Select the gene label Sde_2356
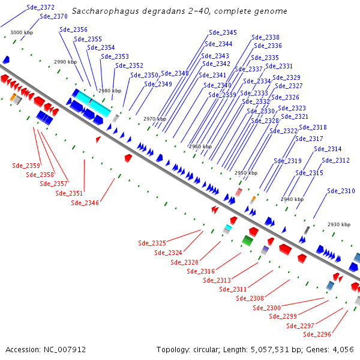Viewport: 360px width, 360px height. [x=73, y=29]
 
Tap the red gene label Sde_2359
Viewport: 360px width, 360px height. [x=26, y=166]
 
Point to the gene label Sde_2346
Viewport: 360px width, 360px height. [x=85, y=203]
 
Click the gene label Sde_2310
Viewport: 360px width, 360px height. [x=341, y=191]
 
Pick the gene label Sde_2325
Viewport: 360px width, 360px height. [x=152, y=243]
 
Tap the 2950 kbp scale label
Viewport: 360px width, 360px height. [x=246, y=173]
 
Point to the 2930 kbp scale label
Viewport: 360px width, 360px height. [x=338, y=224]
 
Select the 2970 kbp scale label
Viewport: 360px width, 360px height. [x=154, y=119]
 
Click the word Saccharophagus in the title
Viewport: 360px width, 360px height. [x=102, y=11]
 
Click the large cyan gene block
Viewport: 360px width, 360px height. [x=92, y=103]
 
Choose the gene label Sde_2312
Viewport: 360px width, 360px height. [x=335, y=160]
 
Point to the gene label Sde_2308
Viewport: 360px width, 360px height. [x=250, y=298]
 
